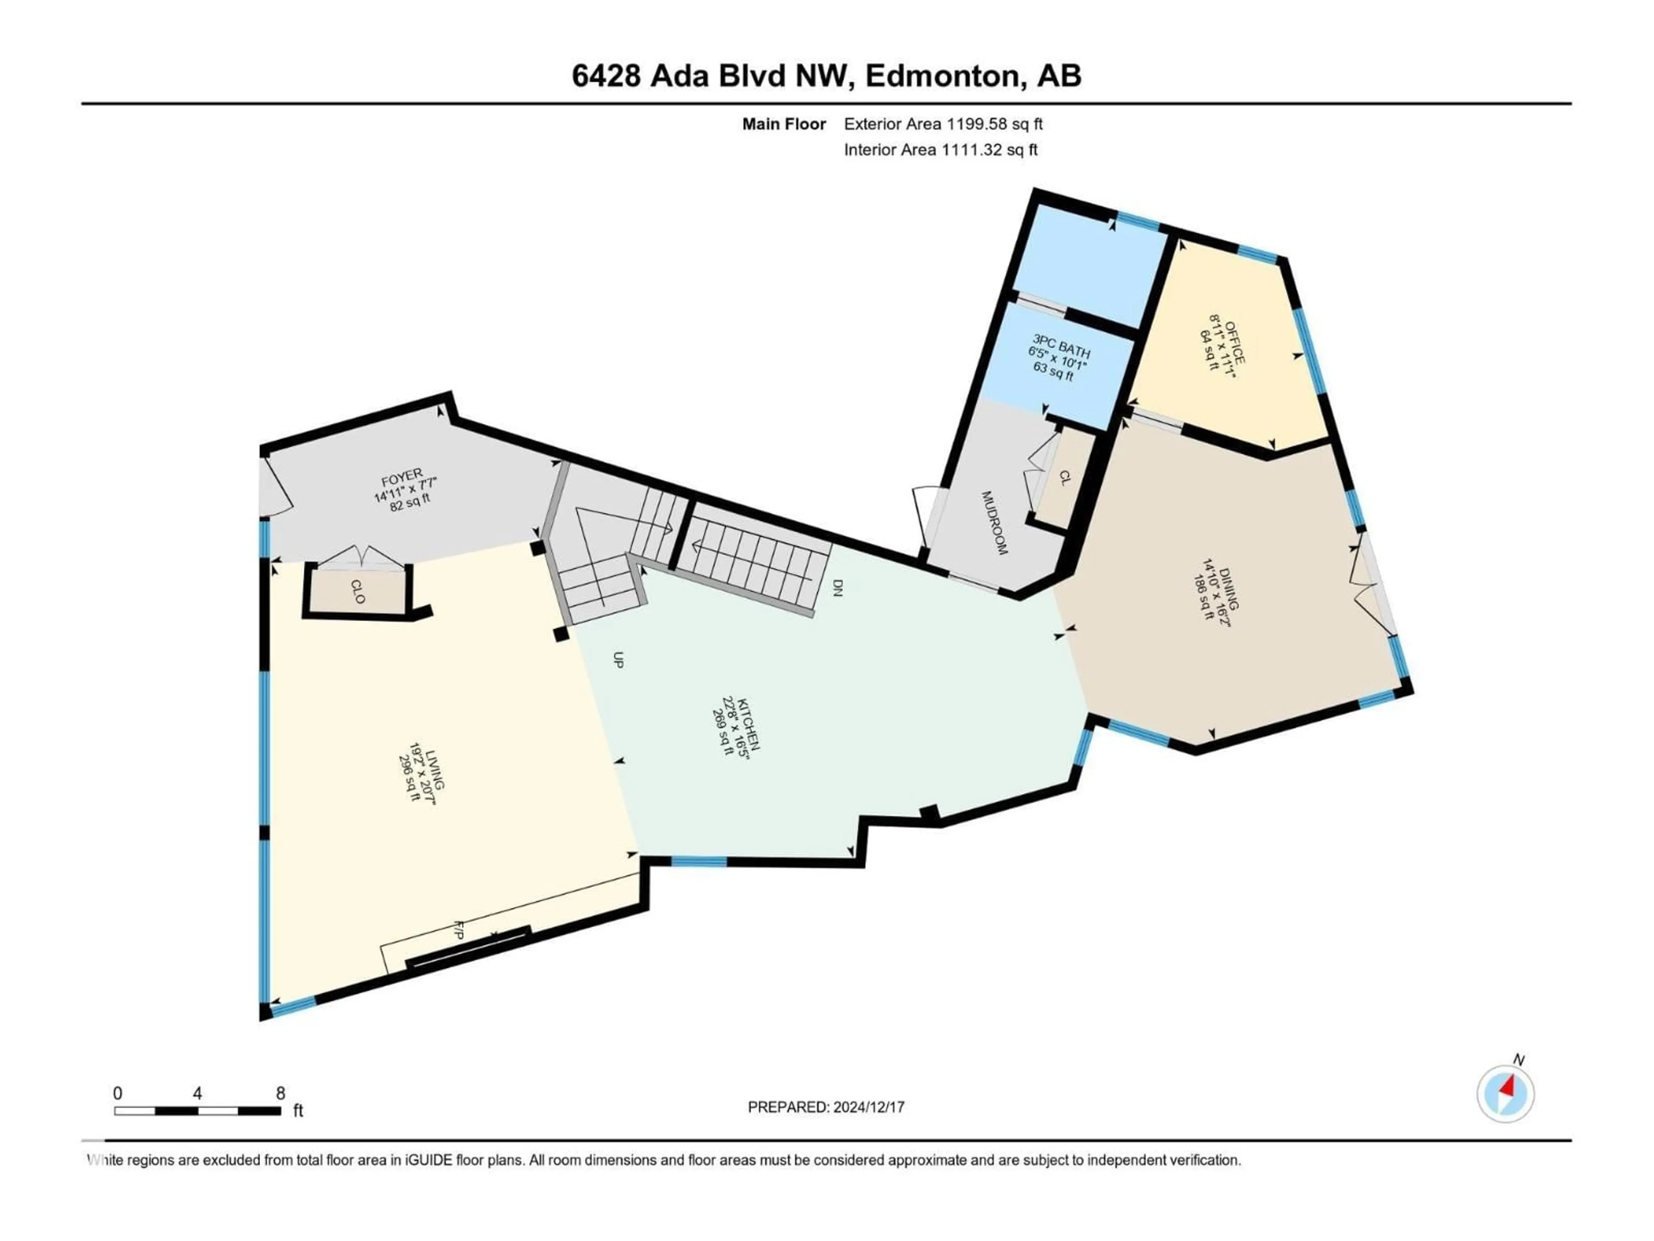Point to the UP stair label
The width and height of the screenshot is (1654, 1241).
[x=618, y=659]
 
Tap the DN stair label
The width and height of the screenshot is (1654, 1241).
[x=837, y=587]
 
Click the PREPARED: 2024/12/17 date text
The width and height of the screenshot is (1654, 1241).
[x=826, y=1107]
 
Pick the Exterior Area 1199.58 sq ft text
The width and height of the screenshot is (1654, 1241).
[x=943, y=124]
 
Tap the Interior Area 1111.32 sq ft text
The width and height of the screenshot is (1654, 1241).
[x=941, y=150]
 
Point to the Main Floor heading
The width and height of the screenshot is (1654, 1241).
[x=783, y=124]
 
